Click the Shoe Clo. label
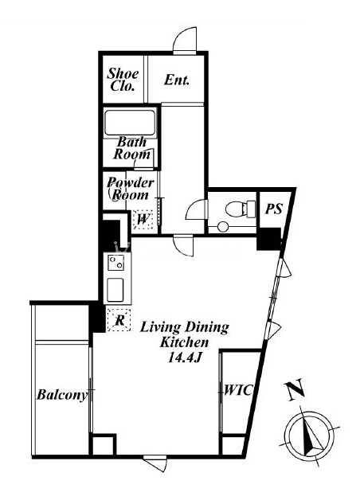point(123,80)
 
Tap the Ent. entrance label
point(177,80)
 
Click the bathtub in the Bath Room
point(130,123)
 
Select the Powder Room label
point(130,189)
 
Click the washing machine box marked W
point(143,219)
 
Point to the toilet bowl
point(237,209)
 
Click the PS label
point(273,209)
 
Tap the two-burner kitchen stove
point(115,262)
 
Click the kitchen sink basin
point(115,289)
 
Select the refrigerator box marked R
point(119,319)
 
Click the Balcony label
point(62,394)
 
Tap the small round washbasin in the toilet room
point(222,227)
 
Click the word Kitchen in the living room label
point(184,342)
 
